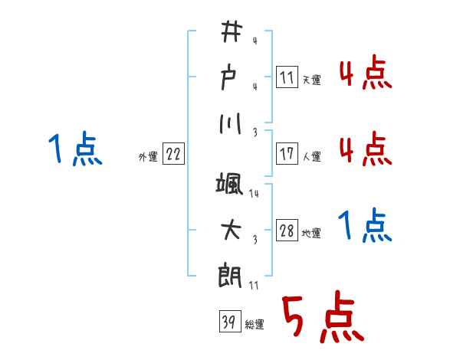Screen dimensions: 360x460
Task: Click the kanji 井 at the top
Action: pos(231,32)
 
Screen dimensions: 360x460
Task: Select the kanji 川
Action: pos(231,123)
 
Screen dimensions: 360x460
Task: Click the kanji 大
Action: pos(231,230)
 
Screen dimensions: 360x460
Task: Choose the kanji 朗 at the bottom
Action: pos(231,277)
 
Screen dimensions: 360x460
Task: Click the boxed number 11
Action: pos(286,77)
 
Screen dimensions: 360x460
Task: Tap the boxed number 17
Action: pos(286,154)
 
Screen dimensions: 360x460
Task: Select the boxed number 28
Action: pos(286,231)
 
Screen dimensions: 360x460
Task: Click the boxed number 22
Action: pos(172,154)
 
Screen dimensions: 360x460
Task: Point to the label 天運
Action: pos(311,80)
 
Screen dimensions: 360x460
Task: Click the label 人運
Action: pos(311,156)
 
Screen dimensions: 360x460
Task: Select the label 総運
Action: pos(254,325)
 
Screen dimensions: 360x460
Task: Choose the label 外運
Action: pos(148,156)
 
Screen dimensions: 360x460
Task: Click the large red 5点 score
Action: pos(321,319)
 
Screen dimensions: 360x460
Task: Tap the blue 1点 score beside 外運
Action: pos(74,149)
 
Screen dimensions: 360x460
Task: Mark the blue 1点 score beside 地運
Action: pos(365,227)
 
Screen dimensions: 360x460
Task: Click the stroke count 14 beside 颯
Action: pos(255,195)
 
